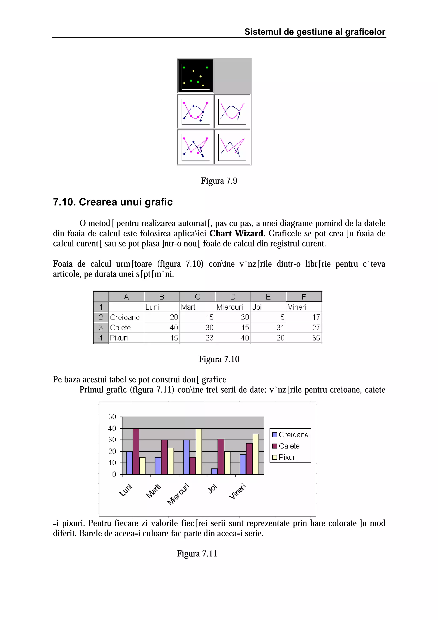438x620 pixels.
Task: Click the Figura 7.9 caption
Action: point(219,181)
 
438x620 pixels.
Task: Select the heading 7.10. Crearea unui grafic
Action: point(113,202)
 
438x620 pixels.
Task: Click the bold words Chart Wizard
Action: point(236,233)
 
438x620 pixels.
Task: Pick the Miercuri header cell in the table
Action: point(230,307)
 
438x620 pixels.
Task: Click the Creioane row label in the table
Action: point(125,317)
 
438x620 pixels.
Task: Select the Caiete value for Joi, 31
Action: point(280,328)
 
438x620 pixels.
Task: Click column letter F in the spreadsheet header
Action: point(304,297)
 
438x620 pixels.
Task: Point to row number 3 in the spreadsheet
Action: point(101,328)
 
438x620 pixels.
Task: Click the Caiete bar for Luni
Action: point(136,451)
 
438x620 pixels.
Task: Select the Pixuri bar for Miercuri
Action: point(199,451)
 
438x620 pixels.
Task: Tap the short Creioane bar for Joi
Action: point(214,472)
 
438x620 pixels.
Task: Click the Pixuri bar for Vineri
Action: point(256,454)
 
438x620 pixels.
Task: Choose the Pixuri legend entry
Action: point(287,457)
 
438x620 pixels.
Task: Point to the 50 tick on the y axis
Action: point(112,417)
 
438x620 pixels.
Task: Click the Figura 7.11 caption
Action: point(197,554)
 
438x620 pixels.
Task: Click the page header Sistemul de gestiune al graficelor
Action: point(315,32)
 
